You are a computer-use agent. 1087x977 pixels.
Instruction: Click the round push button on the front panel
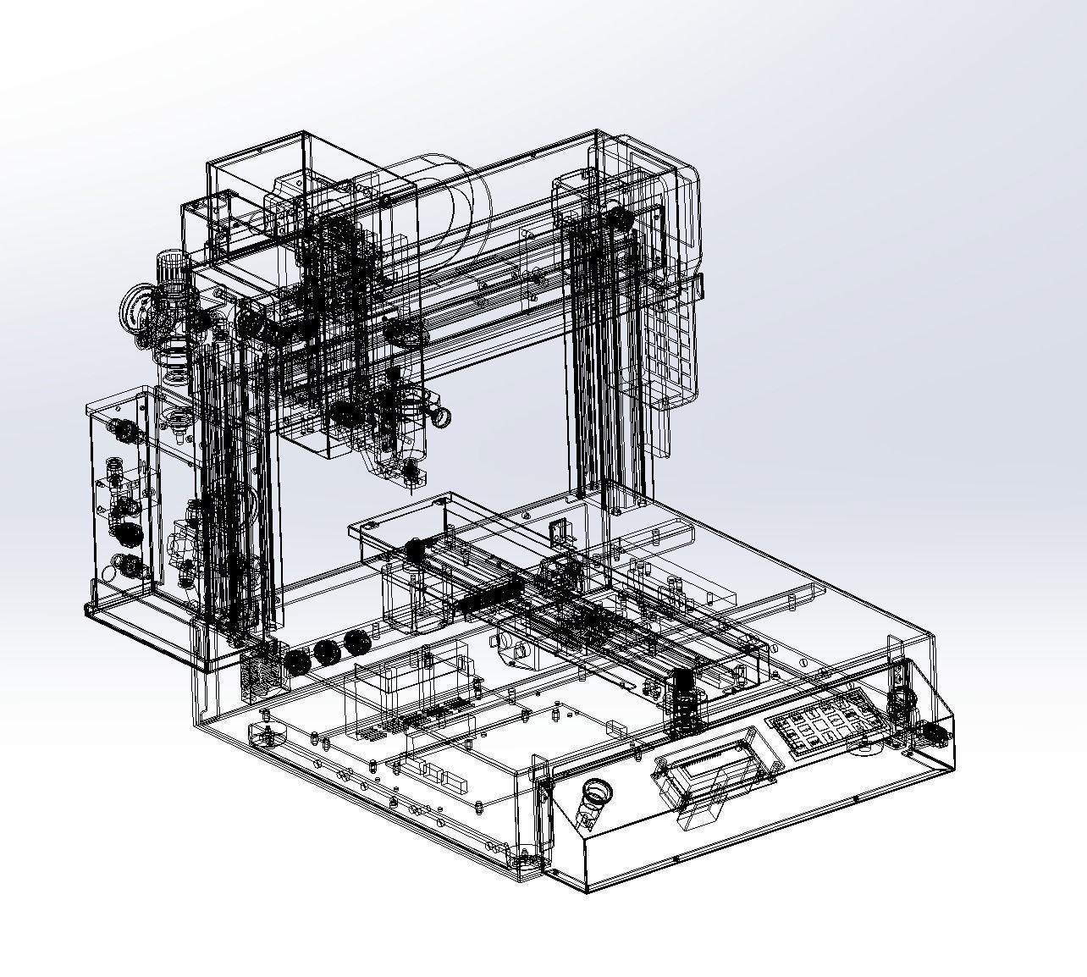[x=597, y=792]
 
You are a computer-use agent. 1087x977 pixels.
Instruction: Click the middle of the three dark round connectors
[x=327, y=652]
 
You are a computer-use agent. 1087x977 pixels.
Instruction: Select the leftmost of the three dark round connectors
[x=297, y=661]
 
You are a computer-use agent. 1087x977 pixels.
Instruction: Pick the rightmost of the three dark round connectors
[x=356, y=642]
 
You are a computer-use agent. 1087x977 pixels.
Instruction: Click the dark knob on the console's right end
[x=931, y=732]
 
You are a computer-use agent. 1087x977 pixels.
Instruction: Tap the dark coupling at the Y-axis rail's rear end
[x=415, y=549]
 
